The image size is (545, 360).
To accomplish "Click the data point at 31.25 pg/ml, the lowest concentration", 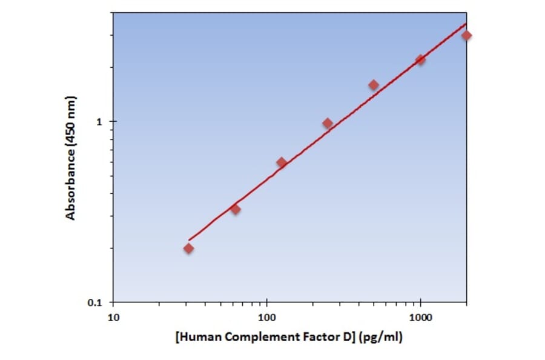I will (x=189, y=248).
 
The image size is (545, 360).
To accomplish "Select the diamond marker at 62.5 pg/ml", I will (x=236, y=209).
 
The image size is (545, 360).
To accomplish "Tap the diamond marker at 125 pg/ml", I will (x=282, y=162).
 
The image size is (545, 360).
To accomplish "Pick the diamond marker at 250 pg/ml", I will (x=328, y=123).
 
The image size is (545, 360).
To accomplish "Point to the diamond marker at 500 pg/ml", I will (x=374, y=85).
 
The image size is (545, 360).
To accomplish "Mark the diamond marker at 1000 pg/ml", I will (x=420, y=60).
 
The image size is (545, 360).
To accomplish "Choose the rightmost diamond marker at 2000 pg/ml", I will (x=466, y=35).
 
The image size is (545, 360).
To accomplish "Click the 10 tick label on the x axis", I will (x=113, y=316).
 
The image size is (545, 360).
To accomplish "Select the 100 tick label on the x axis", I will (x=267, y=316).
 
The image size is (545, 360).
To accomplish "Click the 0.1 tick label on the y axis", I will (x=97, y=302).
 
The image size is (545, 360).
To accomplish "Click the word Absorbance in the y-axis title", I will (x=71, y=184).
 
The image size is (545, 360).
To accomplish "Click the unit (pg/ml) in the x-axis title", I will (x=380, y=336).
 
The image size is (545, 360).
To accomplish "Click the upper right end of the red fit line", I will (x=466, y=24).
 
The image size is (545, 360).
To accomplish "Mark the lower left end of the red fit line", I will (x=189, y=241).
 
